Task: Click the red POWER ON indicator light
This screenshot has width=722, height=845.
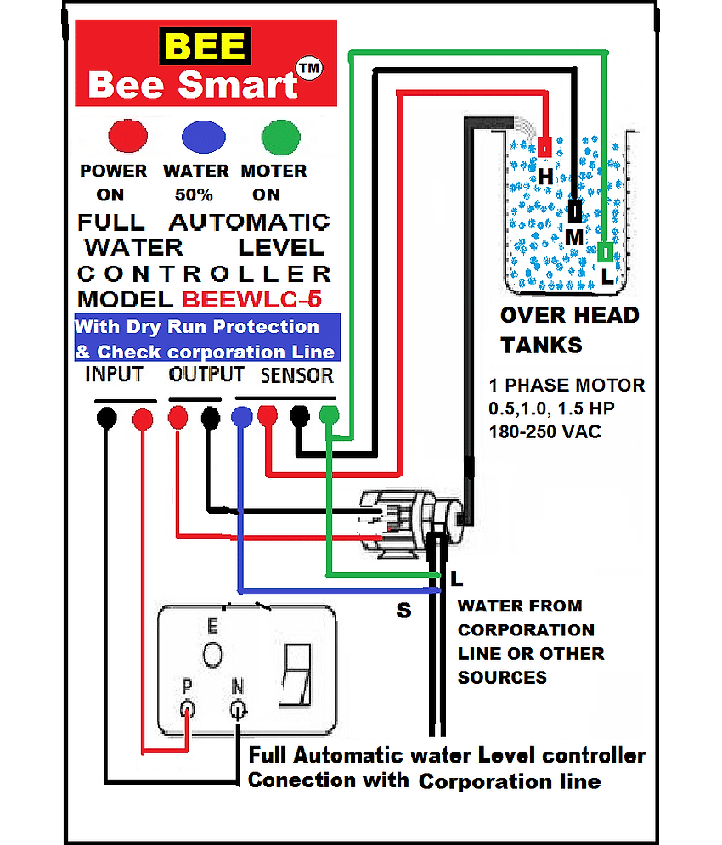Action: tap(127, 136)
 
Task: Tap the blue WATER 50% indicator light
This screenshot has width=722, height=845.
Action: tap(203, 137)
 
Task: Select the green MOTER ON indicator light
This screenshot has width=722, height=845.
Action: tap(280, 137)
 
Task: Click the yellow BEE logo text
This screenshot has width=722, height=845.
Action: tap(205, 46)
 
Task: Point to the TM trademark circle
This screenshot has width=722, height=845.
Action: tap(309, 69)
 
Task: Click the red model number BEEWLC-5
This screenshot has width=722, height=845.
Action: tap(252, 299)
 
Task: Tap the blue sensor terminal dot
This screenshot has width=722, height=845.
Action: tap(241, 417)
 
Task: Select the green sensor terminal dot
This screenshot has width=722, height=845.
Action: tap(329, 415)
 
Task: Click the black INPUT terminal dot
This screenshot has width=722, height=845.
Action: tap(107, 418)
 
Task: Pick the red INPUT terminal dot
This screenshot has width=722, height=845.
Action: tap(143, 418)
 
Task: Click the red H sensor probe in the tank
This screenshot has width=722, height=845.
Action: tap(544, 147)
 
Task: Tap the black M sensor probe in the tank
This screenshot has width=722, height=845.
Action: tap(575, 211)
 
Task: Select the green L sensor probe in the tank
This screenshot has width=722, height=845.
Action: tap(605, 251)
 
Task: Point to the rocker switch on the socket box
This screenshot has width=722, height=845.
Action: tap(296, 674)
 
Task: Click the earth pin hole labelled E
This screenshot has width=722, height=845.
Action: tap(212, 655)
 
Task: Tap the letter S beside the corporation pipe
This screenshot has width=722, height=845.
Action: tap(403, 611)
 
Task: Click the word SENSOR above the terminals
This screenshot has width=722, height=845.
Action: tap(297, 375)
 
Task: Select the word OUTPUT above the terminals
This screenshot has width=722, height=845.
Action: tap(206, 374)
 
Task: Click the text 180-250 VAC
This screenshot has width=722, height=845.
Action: tap(544, 431)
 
